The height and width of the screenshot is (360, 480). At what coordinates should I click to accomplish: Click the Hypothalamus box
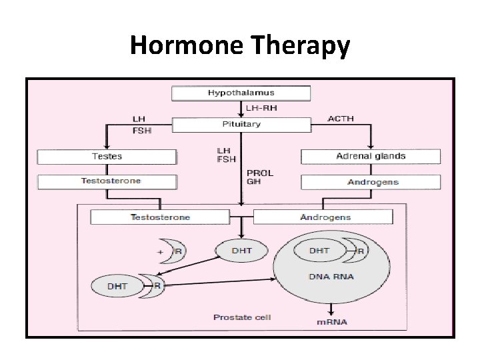[x=241, y=93]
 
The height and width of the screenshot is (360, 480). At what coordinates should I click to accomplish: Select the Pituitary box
[x=241, y=125]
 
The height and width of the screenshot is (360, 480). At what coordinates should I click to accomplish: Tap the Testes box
[x=107, y=157]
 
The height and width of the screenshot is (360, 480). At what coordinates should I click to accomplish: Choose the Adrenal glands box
[x=370, y=157]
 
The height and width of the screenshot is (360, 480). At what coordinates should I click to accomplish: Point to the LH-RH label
[x=261, y=107]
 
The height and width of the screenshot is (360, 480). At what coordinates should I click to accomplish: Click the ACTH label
[x=341, y=119]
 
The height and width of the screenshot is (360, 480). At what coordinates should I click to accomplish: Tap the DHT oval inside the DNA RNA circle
[x=319, y=251]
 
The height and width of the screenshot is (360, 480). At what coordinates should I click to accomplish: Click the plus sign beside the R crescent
[x=160, y=252]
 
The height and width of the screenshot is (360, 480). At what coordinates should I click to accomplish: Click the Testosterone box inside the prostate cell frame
[x=160, y=217]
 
